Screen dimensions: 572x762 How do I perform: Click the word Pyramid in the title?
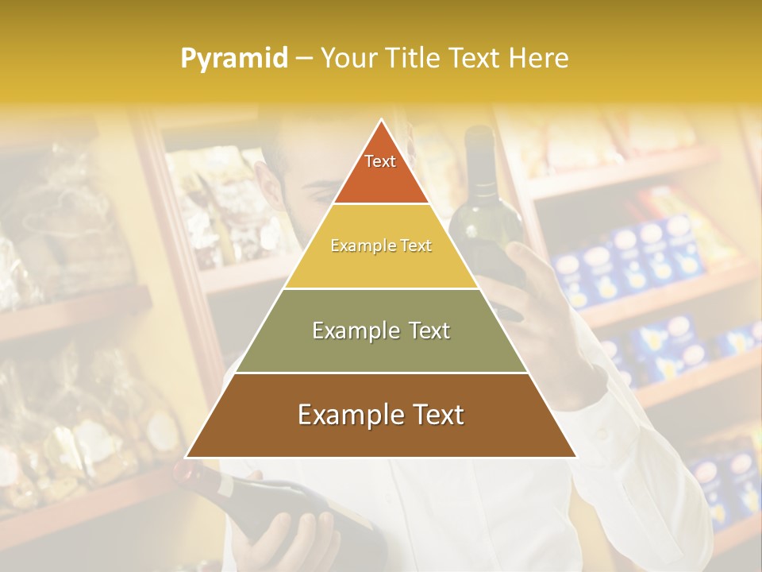[x=234, y=58]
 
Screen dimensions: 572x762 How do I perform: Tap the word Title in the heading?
[x=418, y=58]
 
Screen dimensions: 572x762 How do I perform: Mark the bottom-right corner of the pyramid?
[x=575, y=457]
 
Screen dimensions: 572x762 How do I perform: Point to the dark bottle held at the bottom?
[x=262, y=497]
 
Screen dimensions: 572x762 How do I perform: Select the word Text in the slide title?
[x=476, y=58]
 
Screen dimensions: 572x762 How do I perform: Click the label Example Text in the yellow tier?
[x=381, y=246]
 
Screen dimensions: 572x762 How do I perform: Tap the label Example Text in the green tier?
[x=381, y=330]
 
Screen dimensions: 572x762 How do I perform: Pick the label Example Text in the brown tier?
[x=381, y=415]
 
